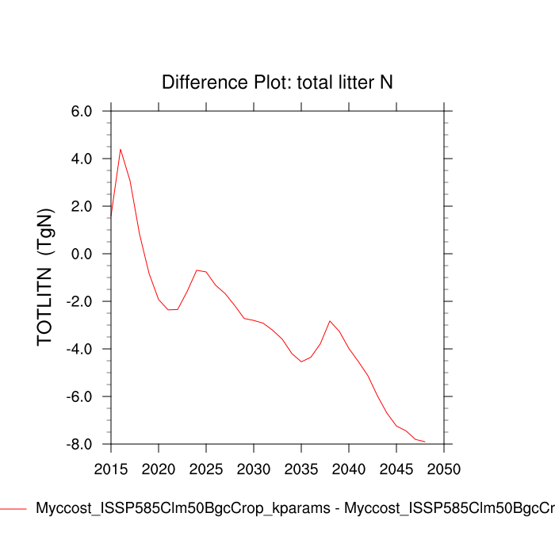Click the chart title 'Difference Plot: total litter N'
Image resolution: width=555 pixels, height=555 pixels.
click(x=277, y=82)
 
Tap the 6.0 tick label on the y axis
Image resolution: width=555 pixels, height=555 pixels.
click(x=82, y=112)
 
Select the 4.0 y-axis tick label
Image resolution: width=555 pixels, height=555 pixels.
click(x=82, y=159)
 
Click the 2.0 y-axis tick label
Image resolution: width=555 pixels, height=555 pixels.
click(x=82, y=207)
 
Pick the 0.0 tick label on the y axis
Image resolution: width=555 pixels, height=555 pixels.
click(x=82, y=255)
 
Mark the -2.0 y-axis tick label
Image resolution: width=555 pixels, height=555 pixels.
click(x=80, y=302)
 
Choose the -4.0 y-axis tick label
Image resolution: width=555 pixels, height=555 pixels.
click(x=80, y=350)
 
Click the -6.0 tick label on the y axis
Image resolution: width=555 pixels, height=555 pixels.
click(x=80, y=397)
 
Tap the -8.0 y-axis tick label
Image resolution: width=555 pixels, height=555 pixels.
click(x=80, y=445)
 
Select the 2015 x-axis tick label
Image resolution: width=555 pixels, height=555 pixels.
click(x=111, y=469)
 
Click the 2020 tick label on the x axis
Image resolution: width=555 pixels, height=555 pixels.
click(x=159, y=469)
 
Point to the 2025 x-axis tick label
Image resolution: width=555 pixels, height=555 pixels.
click(x=206, y=469)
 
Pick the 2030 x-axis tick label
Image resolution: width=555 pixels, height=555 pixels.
click(x=254, y=469)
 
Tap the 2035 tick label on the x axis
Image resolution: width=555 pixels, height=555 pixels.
click(x=301, y=469)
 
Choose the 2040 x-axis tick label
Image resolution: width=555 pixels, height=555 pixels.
click(x=349, y=469)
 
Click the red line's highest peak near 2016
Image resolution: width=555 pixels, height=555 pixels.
click(x=121, y=149)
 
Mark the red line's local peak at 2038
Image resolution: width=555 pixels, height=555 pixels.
click(x=330, y=321)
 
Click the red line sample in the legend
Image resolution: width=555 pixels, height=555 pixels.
click(x=13, y=508)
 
